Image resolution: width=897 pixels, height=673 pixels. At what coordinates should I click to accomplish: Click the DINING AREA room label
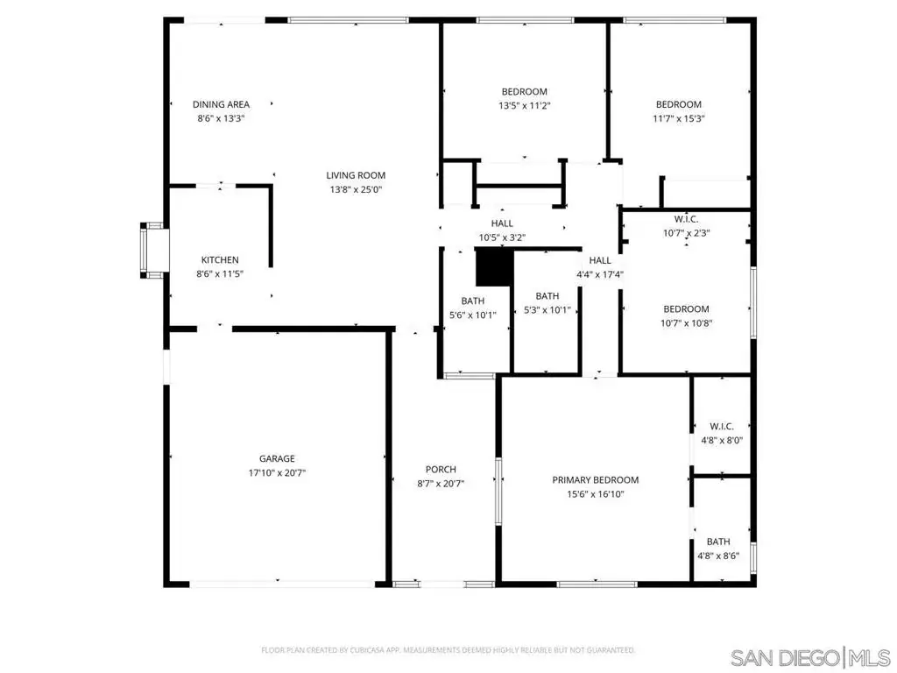[221, 104]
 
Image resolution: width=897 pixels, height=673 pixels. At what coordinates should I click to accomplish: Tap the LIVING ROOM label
[356, 175]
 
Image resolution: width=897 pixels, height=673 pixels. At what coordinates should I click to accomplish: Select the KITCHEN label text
[220, 259]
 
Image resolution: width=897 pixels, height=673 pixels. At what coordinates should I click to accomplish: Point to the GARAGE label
[277, 458]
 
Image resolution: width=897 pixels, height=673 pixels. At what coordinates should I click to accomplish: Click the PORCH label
[441, 470]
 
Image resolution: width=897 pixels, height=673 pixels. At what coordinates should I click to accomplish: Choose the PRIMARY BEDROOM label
[595, 479]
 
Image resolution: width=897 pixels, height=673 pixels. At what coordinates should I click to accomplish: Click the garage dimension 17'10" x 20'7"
[277, 472]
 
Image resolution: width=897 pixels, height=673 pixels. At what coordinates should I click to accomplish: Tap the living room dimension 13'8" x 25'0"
[356, 189]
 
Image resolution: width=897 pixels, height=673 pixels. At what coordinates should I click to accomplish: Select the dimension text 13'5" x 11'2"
[524, 105]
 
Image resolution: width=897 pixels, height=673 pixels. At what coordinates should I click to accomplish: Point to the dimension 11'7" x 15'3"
[679, 118]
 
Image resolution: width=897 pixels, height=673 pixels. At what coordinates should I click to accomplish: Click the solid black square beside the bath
[495, 267]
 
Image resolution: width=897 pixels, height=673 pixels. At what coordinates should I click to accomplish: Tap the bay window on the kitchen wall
[152, 251]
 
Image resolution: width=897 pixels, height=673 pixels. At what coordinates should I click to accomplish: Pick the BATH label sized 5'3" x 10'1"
[547, 296]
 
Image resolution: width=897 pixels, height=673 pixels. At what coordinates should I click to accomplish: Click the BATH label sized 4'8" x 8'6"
[718, 542]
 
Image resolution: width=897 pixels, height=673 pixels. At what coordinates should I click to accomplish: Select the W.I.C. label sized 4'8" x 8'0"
[722, 427]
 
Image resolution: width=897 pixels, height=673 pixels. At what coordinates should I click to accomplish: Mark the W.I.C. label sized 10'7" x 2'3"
[686, 219]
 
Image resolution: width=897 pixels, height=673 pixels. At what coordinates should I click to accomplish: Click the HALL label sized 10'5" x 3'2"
[502, 223]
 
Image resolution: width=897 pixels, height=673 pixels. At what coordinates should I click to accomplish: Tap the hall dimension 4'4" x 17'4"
[599, 274]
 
